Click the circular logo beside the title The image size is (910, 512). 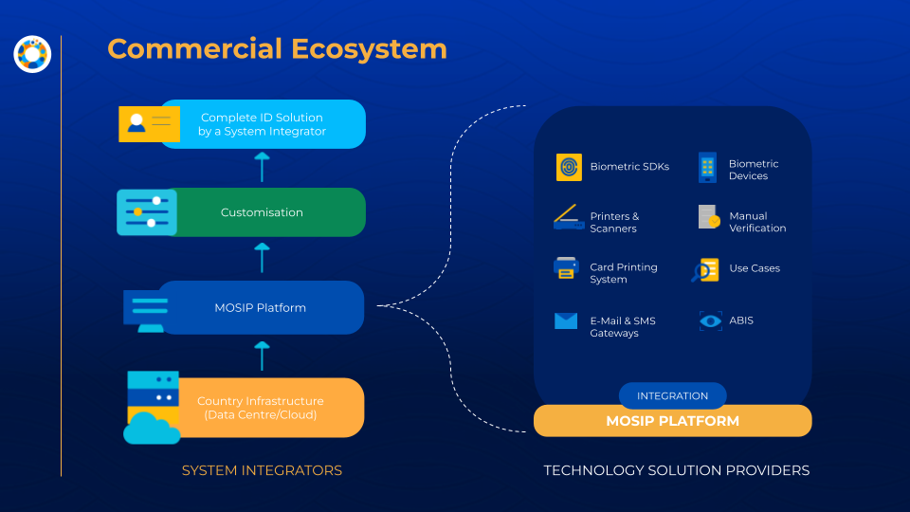pos(32,54)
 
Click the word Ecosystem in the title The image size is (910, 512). pos(369,49)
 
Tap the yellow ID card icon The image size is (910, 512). pos(149,124)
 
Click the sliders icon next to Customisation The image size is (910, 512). pos(147,211)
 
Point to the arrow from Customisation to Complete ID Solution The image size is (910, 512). pos(262,167)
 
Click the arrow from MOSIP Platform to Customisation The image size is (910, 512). pos(262,258)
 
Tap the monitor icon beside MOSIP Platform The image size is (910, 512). pos(146,312)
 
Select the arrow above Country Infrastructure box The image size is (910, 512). pos(262,356)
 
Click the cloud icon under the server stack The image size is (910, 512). pos(152,429)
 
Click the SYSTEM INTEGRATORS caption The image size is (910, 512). pos(262,470)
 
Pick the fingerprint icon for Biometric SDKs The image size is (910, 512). pos(569,167)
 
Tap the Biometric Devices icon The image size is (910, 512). pos(707,168)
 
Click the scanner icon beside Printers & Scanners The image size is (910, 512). pos(568,217)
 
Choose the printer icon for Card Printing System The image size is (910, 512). pos(566,268)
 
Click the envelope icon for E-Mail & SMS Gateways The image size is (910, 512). pos(566,321)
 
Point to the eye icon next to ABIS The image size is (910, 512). pos(710,321)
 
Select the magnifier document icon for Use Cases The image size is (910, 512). pos(705,270)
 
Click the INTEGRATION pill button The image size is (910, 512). pos(673,396)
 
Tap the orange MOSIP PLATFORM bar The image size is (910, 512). pos(673,421)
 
